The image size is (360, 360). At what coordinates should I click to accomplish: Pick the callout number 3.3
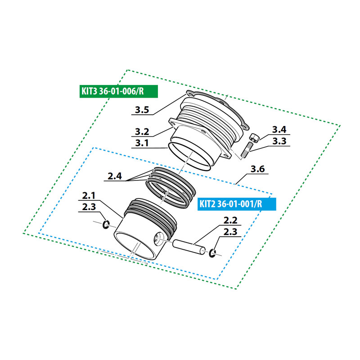click(x=279, y=141)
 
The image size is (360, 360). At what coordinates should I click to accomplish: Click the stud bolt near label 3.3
click(x=246, y=150)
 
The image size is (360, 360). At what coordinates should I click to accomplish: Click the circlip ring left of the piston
click(x=106, y=224)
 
